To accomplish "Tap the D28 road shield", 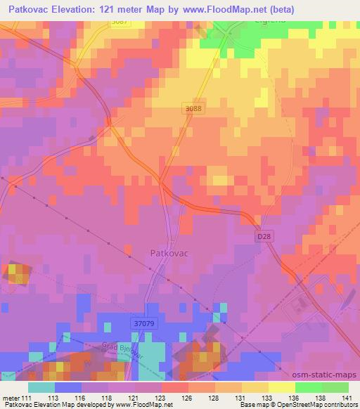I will pos(263,238).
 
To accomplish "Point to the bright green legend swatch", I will pos(308,387).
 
